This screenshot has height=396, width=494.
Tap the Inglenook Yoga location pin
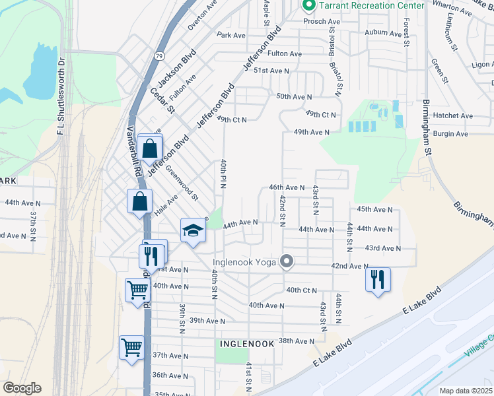[x=286, y=262]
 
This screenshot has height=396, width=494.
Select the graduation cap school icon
[x=193, y=230]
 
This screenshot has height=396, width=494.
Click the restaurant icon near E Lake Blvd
[x=378, y=279]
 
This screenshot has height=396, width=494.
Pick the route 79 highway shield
[x=160, y=57]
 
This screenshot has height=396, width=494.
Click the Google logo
[x=22, y=388]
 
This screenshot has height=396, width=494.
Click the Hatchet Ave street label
[x=452, y=115]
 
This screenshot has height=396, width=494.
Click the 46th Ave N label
[x=287, y=187]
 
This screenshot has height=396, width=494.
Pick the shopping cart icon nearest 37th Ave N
[x=131, y=347]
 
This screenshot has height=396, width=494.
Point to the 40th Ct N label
[x=302, y=290]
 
